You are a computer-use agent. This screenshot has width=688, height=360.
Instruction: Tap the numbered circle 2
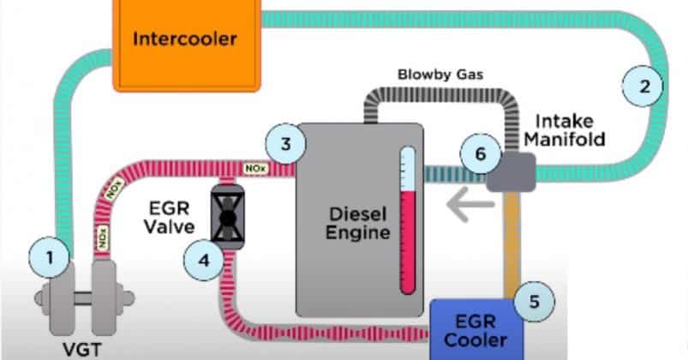click(x=644, y=86)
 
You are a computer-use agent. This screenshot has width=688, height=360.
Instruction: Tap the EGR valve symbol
click(x=227, y=218)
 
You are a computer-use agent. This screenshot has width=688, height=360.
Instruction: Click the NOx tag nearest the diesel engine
click(x=257, y=166)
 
